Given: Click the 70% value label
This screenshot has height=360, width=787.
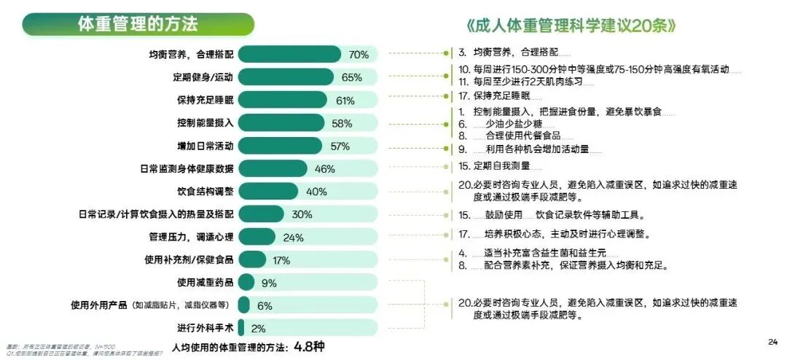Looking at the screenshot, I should [x=359, y=55].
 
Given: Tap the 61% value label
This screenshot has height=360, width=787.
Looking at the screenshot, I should [x=345, y=101].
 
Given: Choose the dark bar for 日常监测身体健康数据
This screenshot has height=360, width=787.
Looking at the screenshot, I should [x=263, y=169].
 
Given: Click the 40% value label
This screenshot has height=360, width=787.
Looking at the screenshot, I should [x=316, y=192].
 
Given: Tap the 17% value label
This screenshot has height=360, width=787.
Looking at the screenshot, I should [x=281, y=260].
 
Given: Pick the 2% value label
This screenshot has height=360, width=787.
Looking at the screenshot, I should [x=258, y=328].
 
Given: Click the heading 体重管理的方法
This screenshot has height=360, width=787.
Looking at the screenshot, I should [x=138, y=24].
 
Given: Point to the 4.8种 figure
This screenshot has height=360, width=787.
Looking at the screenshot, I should [x=309, y=346].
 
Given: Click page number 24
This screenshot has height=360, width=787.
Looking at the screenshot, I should [x=773, y=342].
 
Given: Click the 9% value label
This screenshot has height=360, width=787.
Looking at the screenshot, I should [x=269, y=283].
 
